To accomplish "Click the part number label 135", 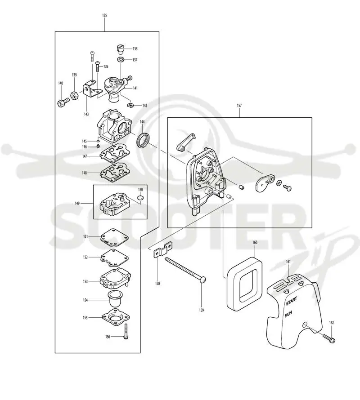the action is click(104, 16).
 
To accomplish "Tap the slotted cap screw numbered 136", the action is click(120, 49).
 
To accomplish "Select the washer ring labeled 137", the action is click(121, 60).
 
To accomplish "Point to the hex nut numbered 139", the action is click(74, 96).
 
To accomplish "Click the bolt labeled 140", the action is click(63, 102).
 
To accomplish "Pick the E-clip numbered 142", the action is click(130, 105).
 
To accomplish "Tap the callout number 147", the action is click(85, 156).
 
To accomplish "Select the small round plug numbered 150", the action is click(140, 198).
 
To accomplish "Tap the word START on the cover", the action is click(291, 301).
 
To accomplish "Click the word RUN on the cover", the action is click(288, 314).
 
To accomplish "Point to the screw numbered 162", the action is click(329, 338).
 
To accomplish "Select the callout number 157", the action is click(239, 105).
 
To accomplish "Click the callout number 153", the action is click(85, 281).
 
